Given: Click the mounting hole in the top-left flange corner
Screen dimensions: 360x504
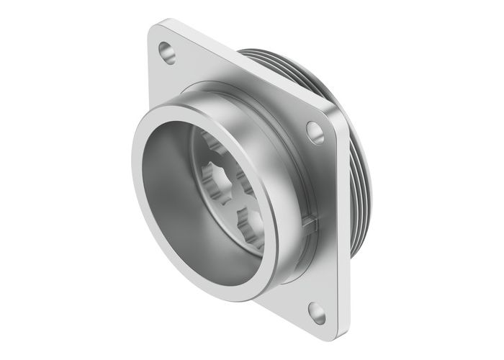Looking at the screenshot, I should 167,51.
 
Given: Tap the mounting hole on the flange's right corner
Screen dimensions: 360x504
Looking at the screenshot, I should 315,132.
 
